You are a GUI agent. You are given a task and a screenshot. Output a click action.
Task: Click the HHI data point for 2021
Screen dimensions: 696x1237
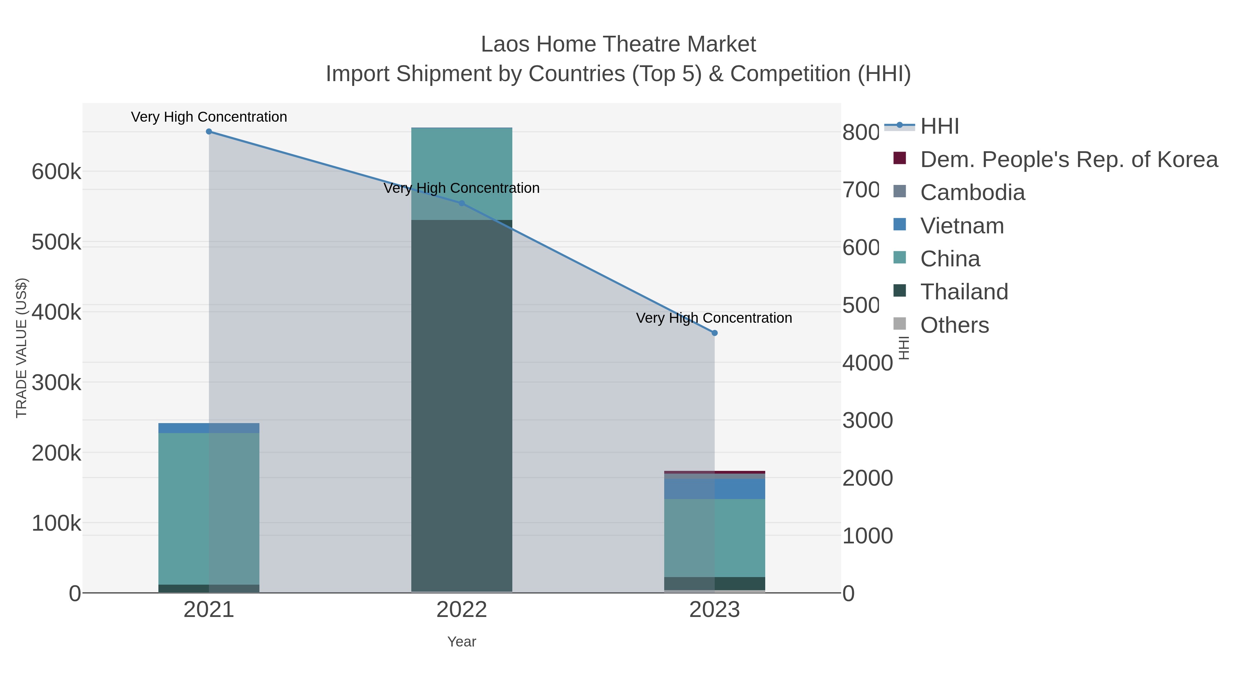point(209,132)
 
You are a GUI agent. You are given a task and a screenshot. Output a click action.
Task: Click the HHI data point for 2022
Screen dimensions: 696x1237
point(462,203)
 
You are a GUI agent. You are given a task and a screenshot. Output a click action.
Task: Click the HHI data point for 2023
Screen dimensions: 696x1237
point(715,333)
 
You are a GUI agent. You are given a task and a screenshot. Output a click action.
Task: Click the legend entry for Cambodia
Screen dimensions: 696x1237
point(972,192)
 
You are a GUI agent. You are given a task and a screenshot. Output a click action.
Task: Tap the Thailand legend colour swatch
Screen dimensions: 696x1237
point(900,291)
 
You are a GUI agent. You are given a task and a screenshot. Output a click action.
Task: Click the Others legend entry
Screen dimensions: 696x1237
point(954,325)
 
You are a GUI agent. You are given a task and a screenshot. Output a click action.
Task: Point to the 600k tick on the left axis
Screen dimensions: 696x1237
point(56,172)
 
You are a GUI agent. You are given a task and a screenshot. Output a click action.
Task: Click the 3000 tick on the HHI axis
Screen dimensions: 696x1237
point(867,420)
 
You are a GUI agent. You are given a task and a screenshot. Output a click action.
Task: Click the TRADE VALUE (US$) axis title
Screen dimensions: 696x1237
point(22,348)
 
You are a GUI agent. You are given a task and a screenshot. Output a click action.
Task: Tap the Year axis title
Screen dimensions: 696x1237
point(462,642)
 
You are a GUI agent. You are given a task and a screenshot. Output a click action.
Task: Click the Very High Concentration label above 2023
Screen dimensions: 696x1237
point(714,318)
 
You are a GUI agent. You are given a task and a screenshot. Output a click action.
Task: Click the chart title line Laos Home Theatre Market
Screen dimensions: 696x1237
point(618,44)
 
